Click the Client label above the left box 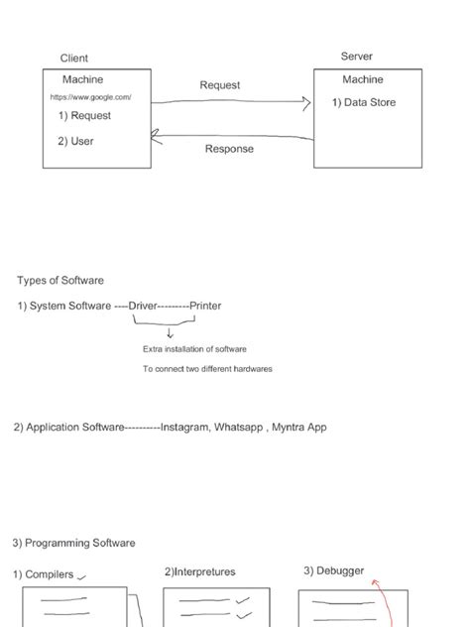click(x=74, y=59)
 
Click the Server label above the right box click(x=357, y=57)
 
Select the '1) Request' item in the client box click(x=84, y=116)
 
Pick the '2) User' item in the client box click(x=75, y=141)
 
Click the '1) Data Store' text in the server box click(x=363, y=102)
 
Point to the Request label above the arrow click(x=220, y=85)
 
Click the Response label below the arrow click(x=229, y=149)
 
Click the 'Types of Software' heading click(x=60, y=281)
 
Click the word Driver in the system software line click(x=143, y=306)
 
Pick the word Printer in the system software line click(x=205, y=306)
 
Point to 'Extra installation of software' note click(x=194, y=349)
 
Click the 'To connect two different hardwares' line click(x=207, y=369)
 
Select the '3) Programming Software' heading click(x=74, y=543)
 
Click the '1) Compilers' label click(x=44, y=573)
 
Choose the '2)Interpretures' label click(x=199, y=572)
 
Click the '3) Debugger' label click(x=333, y=570)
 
